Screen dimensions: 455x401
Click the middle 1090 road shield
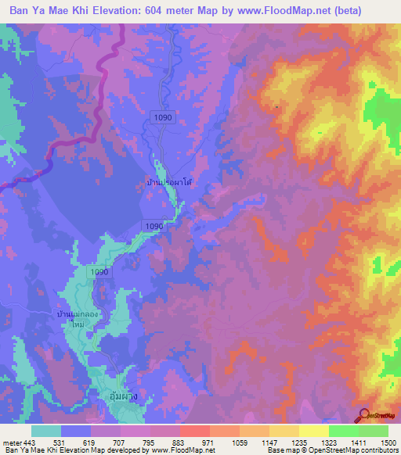click(154, 226)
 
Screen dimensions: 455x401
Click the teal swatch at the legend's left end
click(46, 431)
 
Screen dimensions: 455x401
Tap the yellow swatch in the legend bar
click(314, 431)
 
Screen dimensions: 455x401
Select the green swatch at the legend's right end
click(374, 431)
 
